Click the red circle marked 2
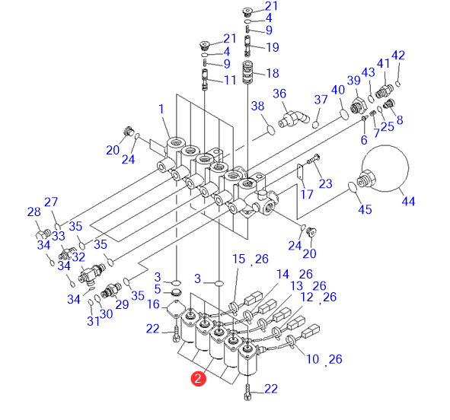(198, 379)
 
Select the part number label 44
(408, 202)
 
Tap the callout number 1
(161, 109)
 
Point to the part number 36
(279, 94)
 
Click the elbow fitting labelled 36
(294, 119)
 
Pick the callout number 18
(273, 73)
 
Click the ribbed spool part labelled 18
(247, 72)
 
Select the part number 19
(273, 47)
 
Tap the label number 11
(230, 80)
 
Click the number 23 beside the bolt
(325, 183)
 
